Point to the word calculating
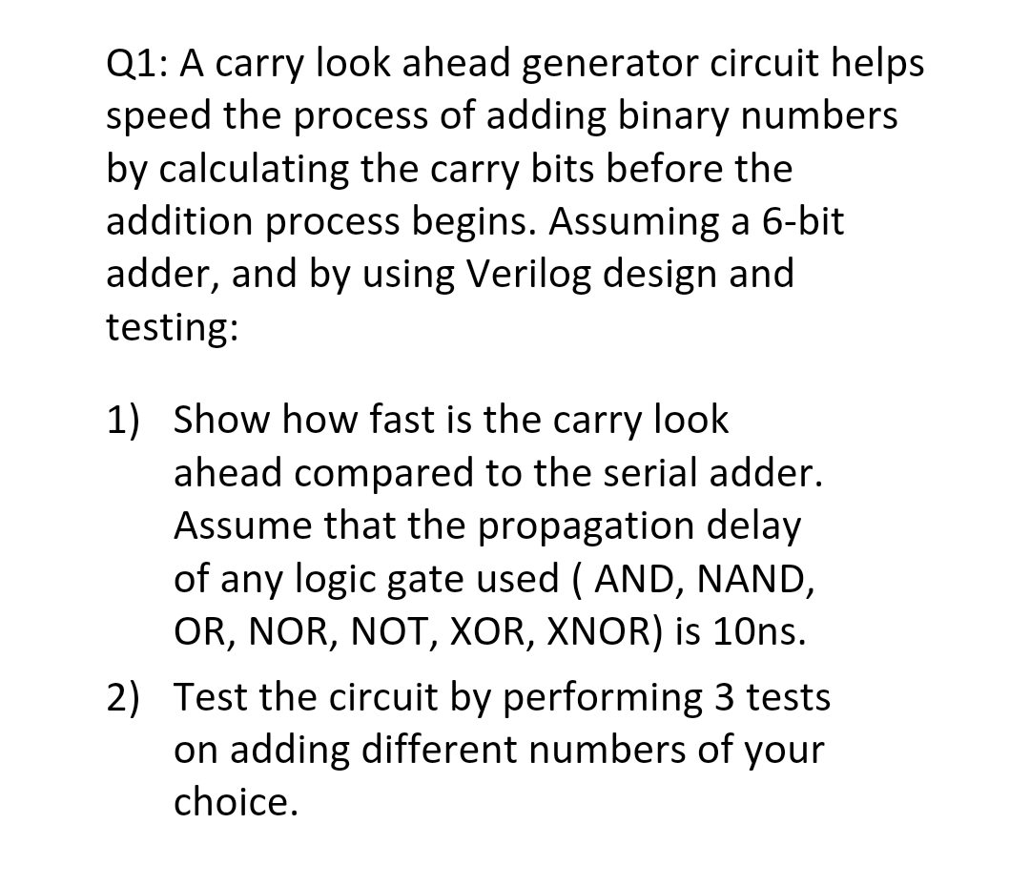pos(253,169)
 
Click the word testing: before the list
pos(172,327)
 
